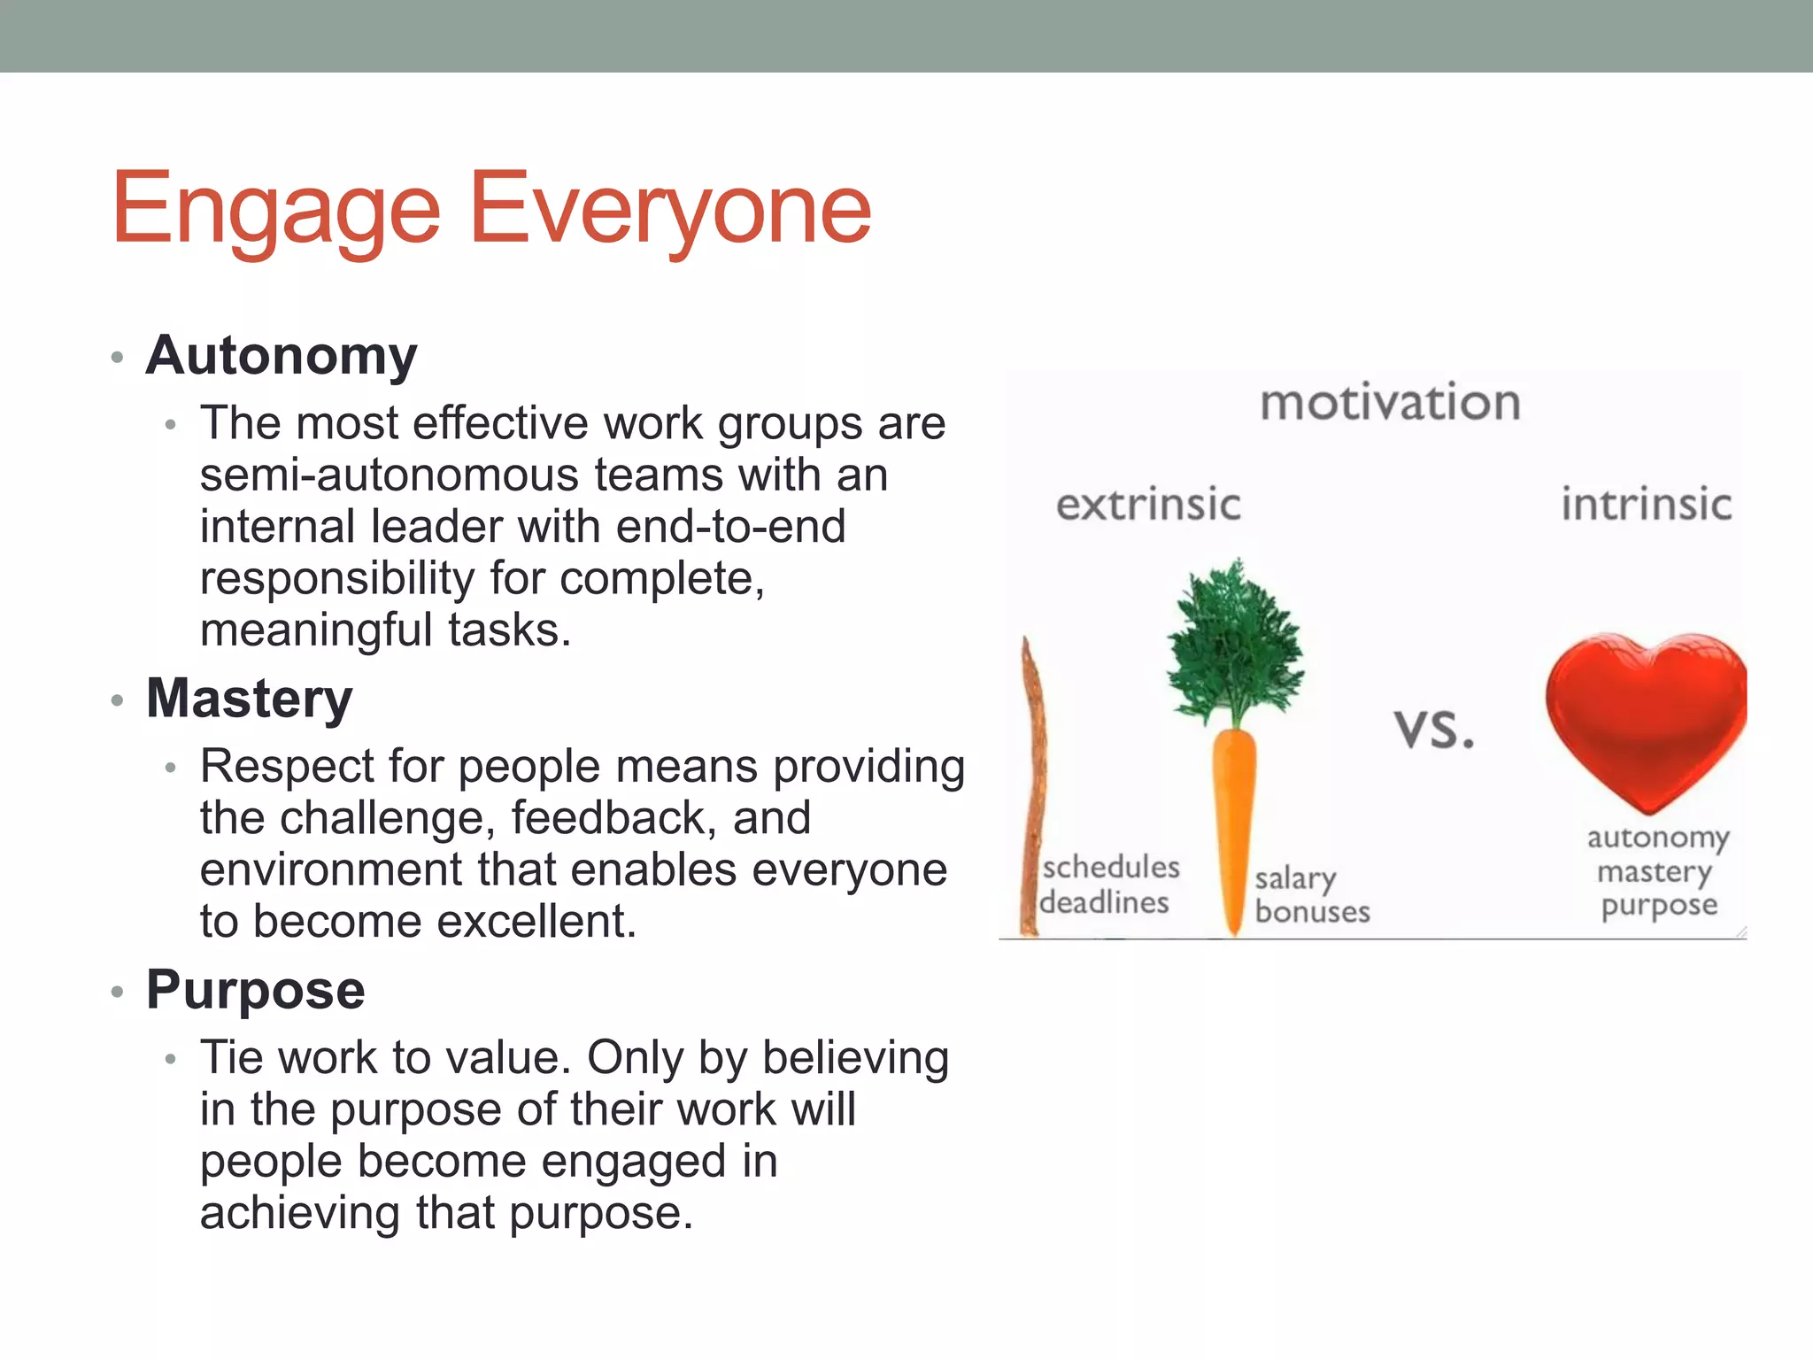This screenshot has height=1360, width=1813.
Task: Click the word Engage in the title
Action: [275, 210]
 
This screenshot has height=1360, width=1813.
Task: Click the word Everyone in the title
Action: [670, 210]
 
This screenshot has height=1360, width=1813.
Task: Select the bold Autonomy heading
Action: [282, 355]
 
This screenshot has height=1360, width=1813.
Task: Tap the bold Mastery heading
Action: [250, 698]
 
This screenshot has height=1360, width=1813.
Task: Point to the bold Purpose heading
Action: [256, 989]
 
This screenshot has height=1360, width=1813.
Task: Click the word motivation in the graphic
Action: [1390, 403]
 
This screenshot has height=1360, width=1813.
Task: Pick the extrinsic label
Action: [1148, 505]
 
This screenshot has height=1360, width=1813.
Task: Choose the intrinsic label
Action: [1646, 505]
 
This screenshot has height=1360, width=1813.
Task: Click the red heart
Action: [1645, 717]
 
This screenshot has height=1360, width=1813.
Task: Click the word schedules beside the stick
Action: [1111, 867]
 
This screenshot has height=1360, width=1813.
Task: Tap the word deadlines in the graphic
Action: [1105, 903]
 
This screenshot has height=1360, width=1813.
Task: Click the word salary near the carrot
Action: [1295, 878]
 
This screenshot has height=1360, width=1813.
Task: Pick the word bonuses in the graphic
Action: [1312, 912]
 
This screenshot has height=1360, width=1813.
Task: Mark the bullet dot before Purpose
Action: [117, 992]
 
